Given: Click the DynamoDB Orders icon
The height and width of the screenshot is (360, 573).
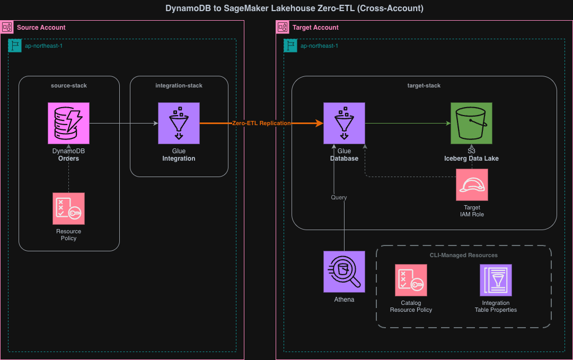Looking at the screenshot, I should click(68, 124).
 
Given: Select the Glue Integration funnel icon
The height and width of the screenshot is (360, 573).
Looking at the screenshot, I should click(179, 124).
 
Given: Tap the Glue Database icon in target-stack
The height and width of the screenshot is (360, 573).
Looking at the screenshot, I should click(344, 124).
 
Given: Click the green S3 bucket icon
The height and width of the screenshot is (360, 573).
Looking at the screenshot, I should click(471, 124).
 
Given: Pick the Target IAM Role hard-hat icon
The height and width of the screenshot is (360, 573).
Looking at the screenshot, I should click(471, 185).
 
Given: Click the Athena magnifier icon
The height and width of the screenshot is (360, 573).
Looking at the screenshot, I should click(344, 271).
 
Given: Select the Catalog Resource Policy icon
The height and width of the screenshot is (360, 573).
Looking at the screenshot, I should click(411, 280).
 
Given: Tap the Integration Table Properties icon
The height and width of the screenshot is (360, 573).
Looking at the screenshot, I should click(496, 280).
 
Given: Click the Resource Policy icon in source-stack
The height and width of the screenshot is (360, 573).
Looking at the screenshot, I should click(68, 208).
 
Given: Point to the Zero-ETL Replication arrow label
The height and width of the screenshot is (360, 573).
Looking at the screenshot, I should click(261, 123).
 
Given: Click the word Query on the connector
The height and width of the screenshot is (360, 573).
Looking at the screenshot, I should click(339, 197).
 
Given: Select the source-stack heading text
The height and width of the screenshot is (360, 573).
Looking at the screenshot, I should click(69, 85).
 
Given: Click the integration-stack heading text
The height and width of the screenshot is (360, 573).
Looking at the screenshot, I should click(179, 85).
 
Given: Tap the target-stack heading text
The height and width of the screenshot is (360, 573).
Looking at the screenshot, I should click(424, 85).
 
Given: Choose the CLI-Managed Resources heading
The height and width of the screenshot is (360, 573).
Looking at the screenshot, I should click(463, 255).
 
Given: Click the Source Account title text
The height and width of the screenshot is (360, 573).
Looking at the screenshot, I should click(41, 27).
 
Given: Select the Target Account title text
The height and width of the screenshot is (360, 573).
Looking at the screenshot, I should click(315, 27).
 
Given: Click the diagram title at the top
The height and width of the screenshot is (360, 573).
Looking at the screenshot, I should click(287, 8).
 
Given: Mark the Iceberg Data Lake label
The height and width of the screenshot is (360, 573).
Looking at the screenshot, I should click(471, 159).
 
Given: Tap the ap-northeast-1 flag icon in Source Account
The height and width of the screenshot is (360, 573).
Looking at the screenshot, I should click(15, 46).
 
